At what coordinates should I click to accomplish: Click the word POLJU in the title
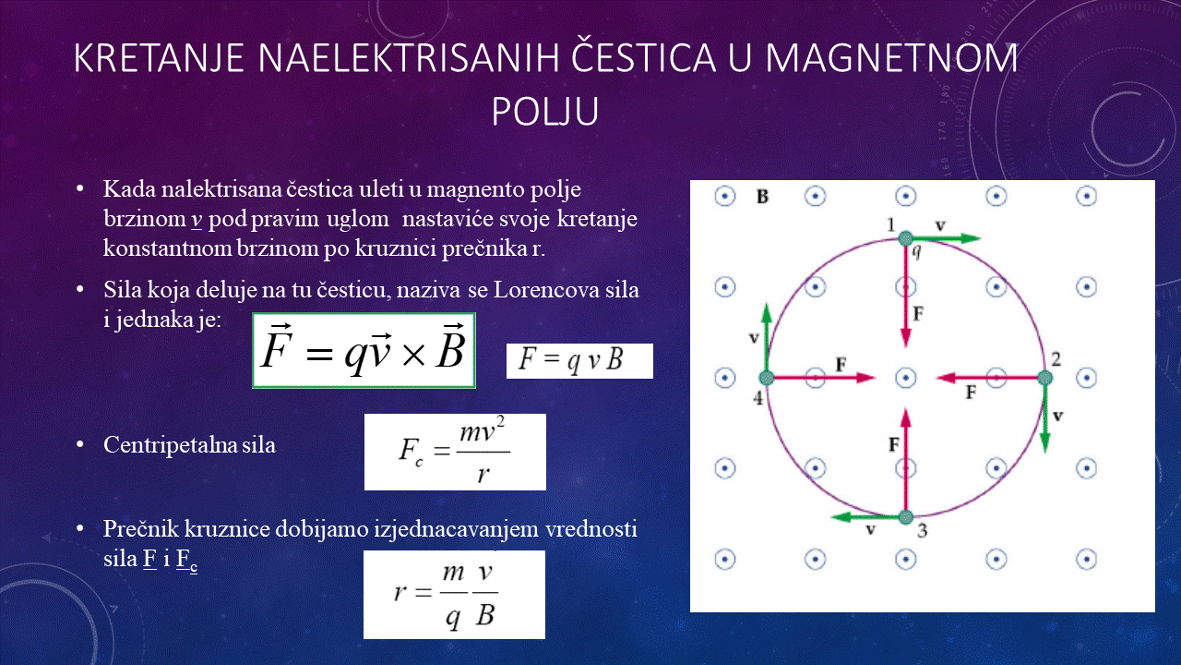point(545,111)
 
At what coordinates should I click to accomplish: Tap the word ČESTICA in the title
point(643,57)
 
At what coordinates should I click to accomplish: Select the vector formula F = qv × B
point(364,350)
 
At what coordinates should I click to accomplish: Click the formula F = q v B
point(579,361)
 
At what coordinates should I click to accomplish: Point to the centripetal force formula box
point(455,452)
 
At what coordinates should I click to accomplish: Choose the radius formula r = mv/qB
point(454,595)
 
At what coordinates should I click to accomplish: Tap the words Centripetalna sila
point(189,445)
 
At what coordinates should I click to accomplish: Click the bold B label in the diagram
point(762,197)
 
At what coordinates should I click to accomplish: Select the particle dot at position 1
point(905,238)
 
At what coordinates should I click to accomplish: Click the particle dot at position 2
point(1045,378)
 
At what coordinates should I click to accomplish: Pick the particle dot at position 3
point(906,517)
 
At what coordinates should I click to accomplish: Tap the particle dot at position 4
point(767,378)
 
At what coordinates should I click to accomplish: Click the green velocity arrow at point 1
point(943,238)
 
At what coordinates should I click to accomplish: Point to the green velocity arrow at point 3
point(868,516)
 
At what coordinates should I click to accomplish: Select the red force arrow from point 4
point(821,378)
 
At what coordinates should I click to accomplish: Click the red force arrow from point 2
point(990,378)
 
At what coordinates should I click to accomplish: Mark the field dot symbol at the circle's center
point(906,378)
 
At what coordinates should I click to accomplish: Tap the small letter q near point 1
point(916,252)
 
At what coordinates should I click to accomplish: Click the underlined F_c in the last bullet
point(186,560)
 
